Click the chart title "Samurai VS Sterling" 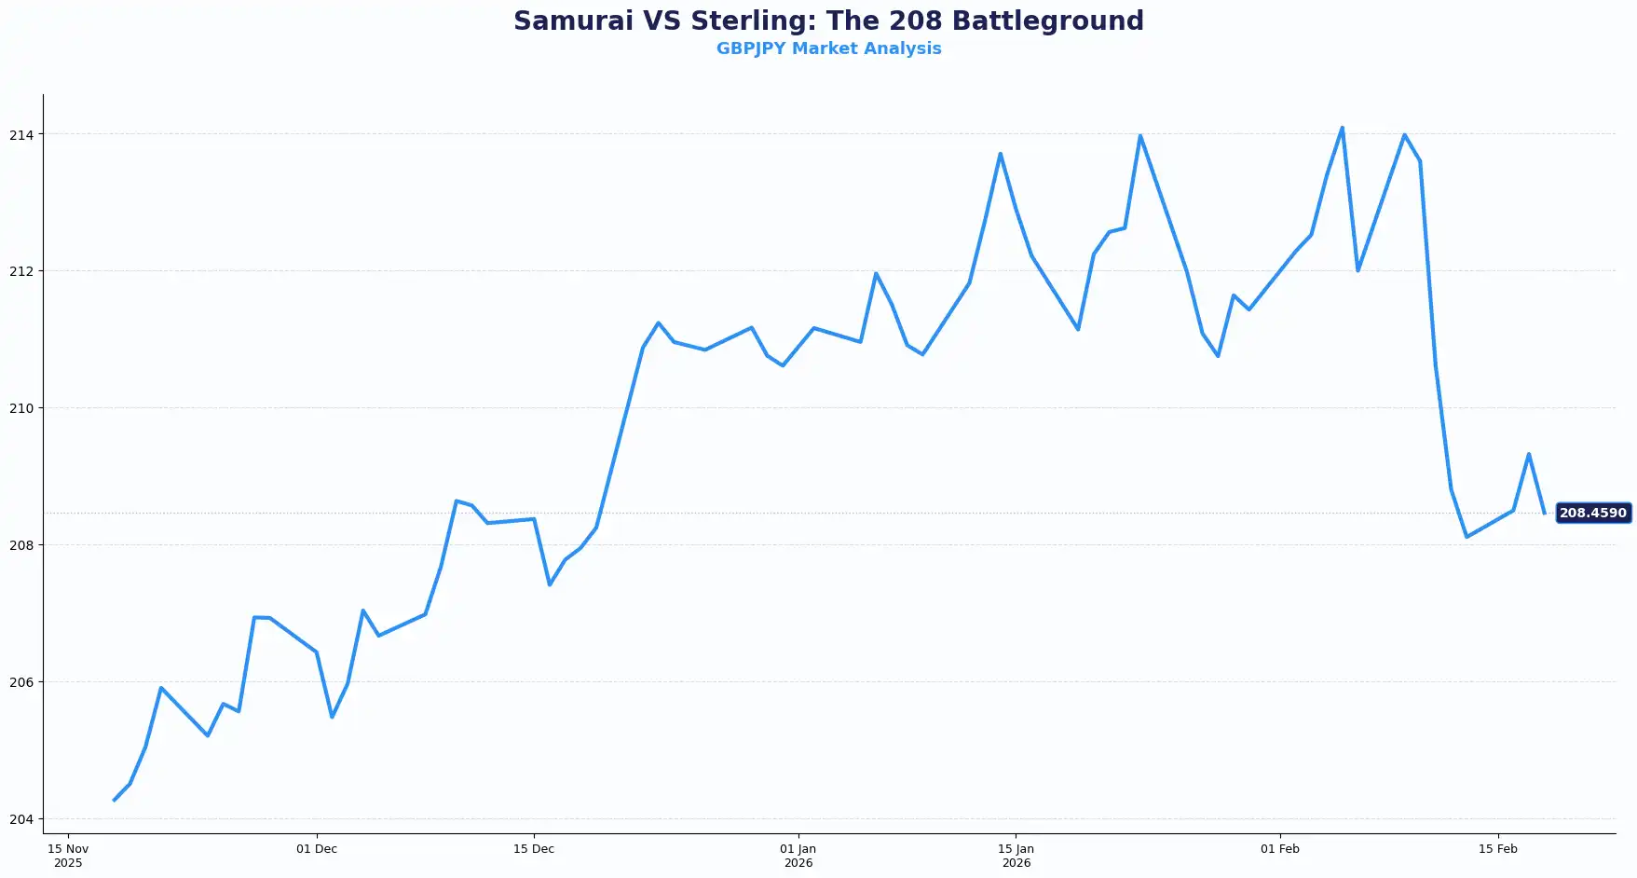[828, 21]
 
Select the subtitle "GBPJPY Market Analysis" [828, 48]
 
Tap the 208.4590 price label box [1592, 513]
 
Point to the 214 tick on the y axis [21, 135]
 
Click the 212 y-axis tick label [21, 271]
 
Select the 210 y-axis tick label [21, 408]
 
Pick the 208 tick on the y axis [21, 545]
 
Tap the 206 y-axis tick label [21, 682]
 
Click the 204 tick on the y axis [21, 819]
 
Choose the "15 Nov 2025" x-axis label [68, 856]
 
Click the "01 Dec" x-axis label [317, 849]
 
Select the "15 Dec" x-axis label [534, 849]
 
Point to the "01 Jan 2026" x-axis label [798, 856]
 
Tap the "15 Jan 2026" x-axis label [1016, 856]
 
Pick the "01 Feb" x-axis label [1280, 849]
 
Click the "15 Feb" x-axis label [1498, 849]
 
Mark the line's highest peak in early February [1342, 128]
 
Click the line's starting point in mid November [115, 800]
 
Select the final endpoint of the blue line [1544, 514]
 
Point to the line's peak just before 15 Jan [1000, 154]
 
